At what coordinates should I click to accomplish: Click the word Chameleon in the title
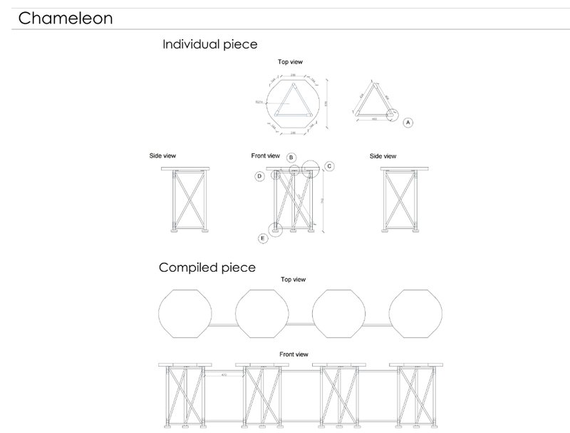click(65, 18)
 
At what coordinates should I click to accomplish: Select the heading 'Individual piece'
click(210, 44)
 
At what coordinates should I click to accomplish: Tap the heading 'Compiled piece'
click(207, 268)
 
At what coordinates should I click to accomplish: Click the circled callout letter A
click(408, 122)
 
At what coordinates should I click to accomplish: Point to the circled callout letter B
click(291, 157)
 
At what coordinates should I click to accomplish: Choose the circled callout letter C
click(329, 166)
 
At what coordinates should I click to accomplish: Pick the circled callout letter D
click(260, 175)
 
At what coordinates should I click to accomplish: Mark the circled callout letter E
click(263, 238)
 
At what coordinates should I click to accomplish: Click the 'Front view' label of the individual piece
click(266, 156)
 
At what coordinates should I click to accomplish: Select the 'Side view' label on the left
click(162, 156)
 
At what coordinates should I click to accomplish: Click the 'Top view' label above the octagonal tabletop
click(290, 62)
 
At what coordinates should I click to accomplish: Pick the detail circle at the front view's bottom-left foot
click(275, 230)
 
